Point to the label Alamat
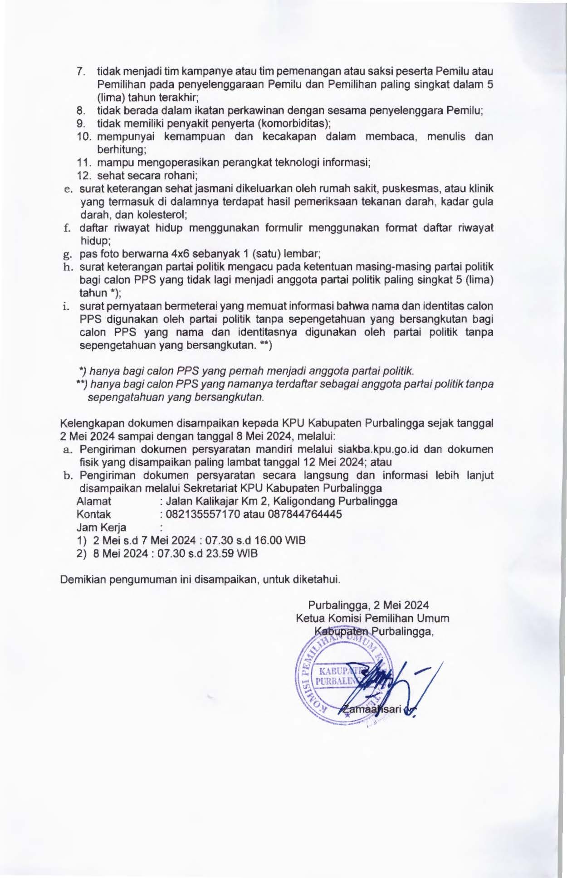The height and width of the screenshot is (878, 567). click(94, 501)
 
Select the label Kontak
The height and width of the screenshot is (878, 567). click(94, 514)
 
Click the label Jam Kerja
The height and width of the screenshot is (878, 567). click(102, 528)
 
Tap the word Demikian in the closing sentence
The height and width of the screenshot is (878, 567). click(82, 579)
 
